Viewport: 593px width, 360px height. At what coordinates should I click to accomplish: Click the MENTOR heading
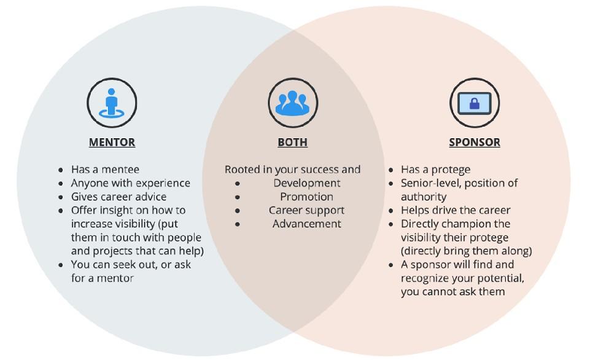click(x=112, y=143)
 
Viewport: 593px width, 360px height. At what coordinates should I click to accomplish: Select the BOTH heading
click(x=292, y=143)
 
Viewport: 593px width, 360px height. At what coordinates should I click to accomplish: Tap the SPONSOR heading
click(x=475, y=143)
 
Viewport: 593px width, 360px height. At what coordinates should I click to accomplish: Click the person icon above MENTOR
click(x=112, y=103)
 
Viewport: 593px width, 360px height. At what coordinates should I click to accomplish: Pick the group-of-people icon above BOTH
click(x=292, y=103)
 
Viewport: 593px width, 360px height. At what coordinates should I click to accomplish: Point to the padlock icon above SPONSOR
click(x=475, y=103)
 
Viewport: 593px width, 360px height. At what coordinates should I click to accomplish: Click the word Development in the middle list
click(x=307, y=183)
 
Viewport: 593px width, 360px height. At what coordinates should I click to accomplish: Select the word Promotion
click(x=307, y=197)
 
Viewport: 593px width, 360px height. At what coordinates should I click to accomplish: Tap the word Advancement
click(x=307, y=224)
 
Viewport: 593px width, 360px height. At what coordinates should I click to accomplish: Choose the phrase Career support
click(x=307, y=211)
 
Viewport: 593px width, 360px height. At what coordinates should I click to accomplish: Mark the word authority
click(x=424, y=197)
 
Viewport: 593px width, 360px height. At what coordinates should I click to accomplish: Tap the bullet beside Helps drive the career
click(x=390, y=211)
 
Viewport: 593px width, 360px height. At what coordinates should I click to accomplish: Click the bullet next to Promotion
click(x=237, y=198)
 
